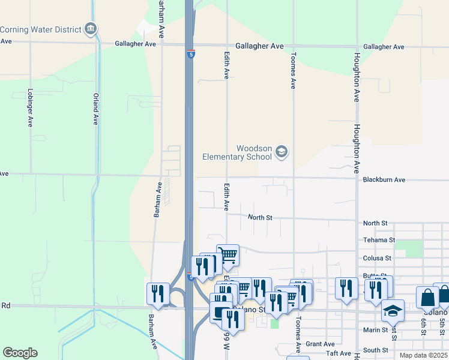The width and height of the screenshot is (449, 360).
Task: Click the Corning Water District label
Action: click(40, 29)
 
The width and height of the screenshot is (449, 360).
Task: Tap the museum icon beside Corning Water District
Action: click(91, 28)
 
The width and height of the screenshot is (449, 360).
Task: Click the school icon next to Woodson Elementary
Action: click(282, 152)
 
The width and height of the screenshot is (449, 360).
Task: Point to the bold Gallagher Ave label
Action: click(259, 46)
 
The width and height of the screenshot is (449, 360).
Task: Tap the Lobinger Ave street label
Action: click(30, 108)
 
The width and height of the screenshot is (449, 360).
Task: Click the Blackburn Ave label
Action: click(384, 179)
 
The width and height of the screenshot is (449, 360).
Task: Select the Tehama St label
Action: click(379, 240)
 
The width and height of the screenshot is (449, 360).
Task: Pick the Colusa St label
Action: click(377, 258)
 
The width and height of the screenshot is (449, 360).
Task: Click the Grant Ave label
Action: click(320, 344)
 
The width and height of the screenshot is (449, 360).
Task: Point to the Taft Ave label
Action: click(339, 354)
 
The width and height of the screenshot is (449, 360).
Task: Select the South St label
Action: click(376, 350)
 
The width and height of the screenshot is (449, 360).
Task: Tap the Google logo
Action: click(20, 353)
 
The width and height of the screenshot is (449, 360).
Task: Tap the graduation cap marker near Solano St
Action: click(393, 310)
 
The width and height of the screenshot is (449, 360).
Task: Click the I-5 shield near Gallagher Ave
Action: click(191, 53)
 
